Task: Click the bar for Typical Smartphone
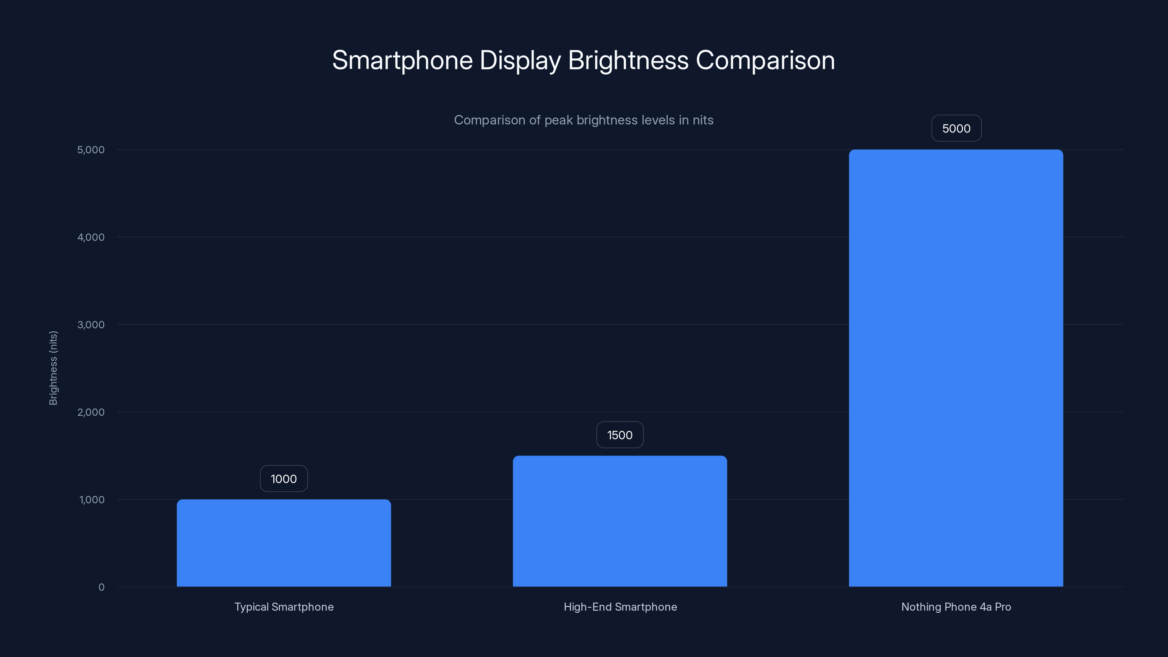[x=284, y=543]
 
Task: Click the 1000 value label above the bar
[x=284, y=479]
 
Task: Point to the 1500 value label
[x=620, y=435]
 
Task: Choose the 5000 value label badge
[x=956, y=129]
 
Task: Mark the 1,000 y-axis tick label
[x=92, y=500]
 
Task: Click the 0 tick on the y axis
[x=101, y=588]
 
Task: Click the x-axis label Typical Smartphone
[x=284, y=607]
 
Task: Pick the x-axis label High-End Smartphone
[x=620, y=607]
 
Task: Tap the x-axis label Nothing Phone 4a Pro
[x=956, y=607]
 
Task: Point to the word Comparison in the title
[x=765, y=60]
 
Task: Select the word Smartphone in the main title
[x=402, y=60]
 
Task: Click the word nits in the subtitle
[x=703, y=120]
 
